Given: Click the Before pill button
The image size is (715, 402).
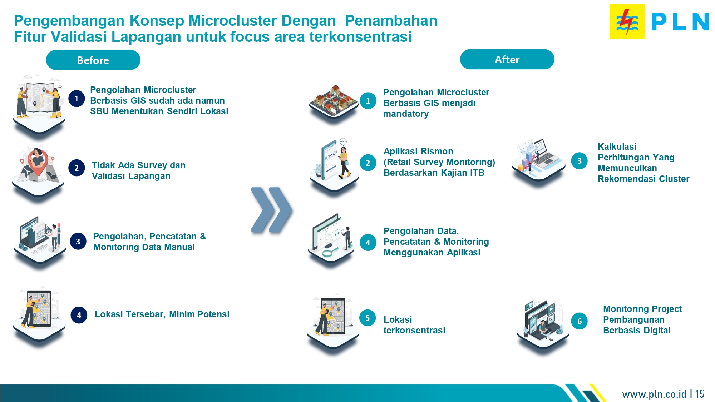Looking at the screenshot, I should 93,60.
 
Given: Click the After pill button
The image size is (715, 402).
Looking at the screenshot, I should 507,59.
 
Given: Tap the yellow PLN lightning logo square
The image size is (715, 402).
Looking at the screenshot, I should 627,21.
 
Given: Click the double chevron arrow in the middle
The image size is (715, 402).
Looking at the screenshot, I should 271,210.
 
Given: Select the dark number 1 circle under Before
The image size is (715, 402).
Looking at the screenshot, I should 77,99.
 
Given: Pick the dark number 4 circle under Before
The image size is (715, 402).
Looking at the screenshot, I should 79,315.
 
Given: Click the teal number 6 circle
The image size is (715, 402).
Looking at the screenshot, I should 579,321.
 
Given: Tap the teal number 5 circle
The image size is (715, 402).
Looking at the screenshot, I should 368,318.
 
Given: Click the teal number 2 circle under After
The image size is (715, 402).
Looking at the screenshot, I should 368,163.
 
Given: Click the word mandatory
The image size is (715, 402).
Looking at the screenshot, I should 406,114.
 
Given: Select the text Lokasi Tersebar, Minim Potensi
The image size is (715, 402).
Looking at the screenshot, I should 162,314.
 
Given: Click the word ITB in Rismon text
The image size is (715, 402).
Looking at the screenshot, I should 477,173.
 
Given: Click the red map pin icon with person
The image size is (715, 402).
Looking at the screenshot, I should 37,163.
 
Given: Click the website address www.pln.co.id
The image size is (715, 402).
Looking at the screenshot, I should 654,394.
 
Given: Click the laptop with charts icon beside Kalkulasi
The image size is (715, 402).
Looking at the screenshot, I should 538,160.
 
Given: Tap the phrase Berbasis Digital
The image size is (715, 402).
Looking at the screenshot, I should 636,331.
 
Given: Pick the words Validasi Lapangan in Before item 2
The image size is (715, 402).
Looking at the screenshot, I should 131,176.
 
